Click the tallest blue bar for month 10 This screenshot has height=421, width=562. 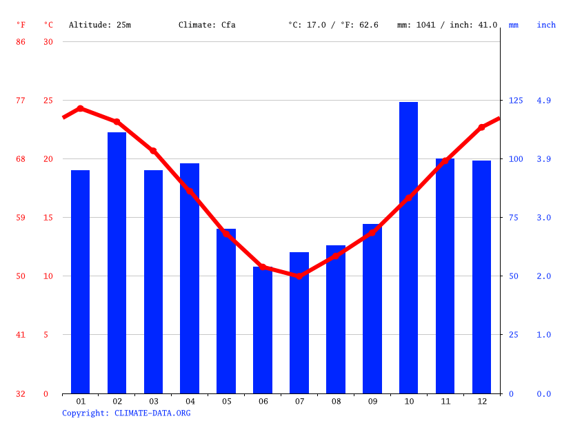point(408,247)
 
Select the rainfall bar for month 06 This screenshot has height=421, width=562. point(263,330)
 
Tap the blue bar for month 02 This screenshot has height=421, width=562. point(117,263)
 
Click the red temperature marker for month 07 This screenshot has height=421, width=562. point(299,276)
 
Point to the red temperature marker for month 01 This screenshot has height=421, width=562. point(81,108)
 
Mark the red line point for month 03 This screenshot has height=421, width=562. point(153,150)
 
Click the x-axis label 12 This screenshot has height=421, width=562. point(481,401)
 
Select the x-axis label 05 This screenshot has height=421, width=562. point(226,401)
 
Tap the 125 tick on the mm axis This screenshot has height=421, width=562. point(516,101)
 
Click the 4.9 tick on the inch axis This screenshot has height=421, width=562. point(543,101)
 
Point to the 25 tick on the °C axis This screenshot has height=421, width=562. point(48,101)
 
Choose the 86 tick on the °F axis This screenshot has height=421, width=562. point(21,42)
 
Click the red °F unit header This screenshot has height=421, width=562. point(21,25)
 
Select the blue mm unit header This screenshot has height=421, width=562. point(514,25)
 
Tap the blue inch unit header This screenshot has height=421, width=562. point(546,25)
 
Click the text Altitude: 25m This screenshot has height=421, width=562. point(100,25)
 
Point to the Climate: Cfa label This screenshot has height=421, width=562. point(207,25)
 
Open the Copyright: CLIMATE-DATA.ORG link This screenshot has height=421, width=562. point(126,413)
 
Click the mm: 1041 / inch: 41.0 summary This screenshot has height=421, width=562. point(447,25)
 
